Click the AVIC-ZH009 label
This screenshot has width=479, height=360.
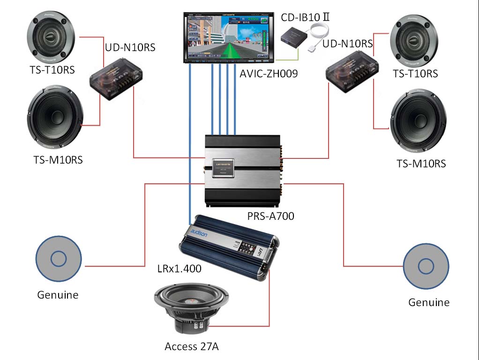(x=269, y=73)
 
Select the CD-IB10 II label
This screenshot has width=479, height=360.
(x=307, y=18)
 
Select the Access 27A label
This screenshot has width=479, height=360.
(x=192, y=347)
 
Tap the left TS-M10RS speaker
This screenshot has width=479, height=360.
(x=55, y=117)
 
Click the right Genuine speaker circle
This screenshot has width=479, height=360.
(x=426, y=266)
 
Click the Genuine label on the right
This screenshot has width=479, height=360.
(x=428, y=302)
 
